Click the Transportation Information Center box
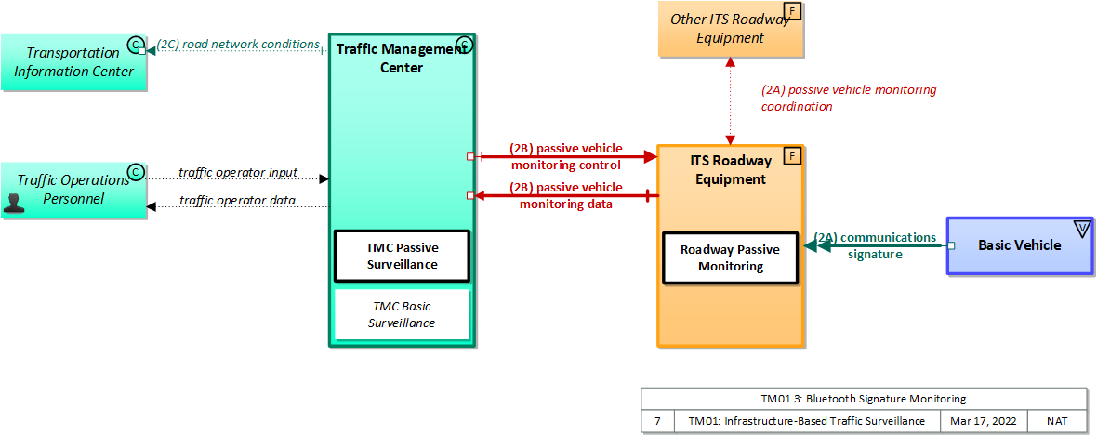pos(73,62)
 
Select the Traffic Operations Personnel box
pos(73,190)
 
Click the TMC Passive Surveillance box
pos(402,256)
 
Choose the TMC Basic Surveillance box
pos(402,314)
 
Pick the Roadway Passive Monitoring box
pos(730,257)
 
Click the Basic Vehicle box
pos(1019,245)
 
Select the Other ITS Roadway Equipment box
pos(730,29)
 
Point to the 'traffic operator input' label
pos(238,172)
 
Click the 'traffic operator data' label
pos(237,200)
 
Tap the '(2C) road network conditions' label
pos(237,44)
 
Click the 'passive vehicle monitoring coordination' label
pos(848,98)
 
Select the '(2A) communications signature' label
pos(875,245)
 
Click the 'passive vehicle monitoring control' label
pos(565,156)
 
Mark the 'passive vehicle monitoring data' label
pos(565,195)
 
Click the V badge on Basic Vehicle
pos(1081,228)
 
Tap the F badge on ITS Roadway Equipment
pos(793,155)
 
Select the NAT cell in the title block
pos(1057,421)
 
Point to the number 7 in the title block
pos(657,421)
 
